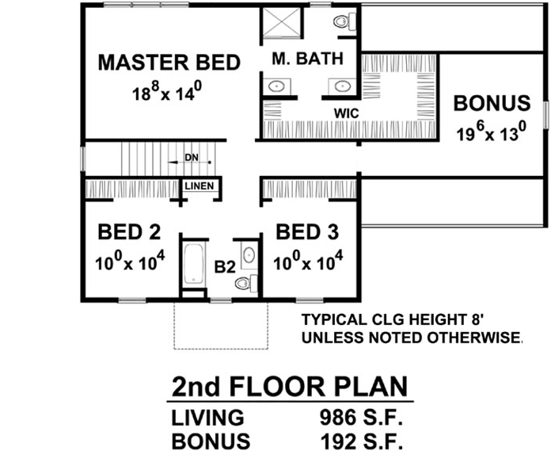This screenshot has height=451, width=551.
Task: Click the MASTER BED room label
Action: point(169,63)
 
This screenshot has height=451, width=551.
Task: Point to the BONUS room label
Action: point(491,103)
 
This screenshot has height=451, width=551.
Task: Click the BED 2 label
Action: point(129,232)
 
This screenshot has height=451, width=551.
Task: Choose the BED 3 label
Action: point(307,232)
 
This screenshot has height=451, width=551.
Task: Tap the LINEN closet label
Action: point(198,186)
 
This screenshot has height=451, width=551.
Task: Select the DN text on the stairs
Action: point(191,158)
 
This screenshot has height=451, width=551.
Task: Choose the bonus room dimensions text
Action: point(491,132)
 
